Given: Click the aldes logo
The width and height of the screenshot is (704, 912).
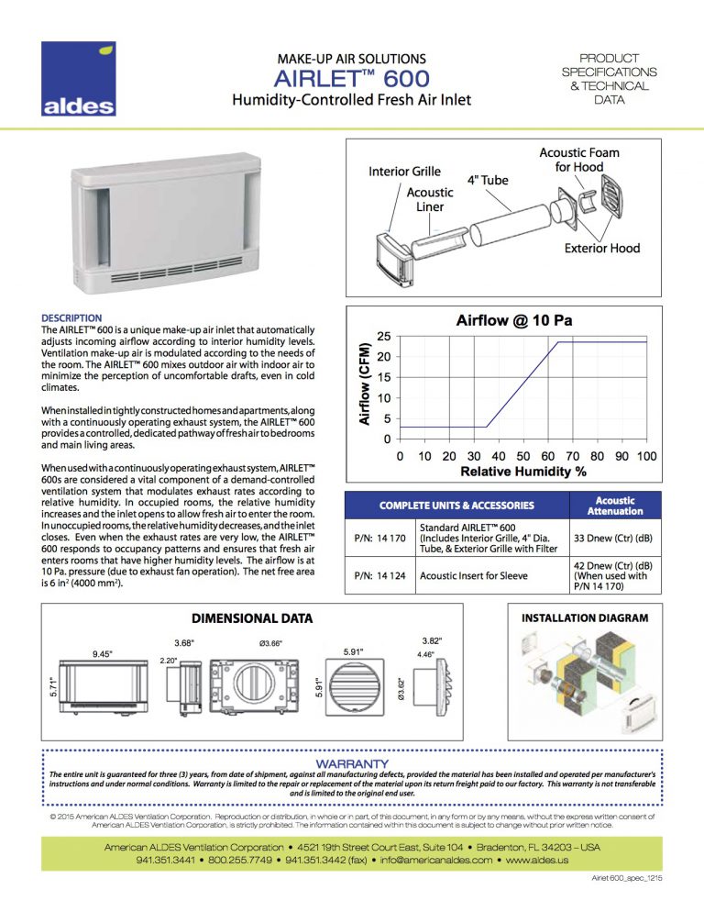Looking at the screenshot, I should click(79, 80).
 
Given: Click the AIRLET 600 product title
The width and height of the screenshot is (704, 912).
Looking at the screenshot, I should click(351, 79).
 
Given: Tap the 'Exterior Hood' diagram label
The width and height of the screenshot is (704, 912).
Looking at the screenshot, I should click(602, 249).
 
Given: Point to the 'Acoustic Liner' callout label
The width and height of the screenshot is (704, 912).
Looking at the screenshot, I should click(429, 199).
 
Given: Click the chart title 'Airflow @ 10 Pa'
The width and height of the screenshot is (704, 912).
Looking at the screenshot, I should click(514, 321).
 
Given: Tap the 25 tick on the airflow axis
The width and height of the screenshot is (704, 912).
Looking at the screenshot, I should click(384, 336).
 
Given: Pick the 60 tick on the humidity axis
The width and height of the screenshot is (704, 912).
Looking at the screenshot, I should click(547, 456).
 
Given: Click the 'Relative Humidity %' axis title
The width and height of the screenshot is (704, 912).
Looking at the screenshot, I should click(522, 473).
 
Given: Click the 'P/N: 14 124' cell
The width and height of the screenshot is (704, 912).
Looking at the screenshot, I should click(379, 575).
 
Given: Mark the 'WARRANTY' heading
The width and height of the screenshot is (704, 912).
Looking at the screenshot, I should click(352, 763).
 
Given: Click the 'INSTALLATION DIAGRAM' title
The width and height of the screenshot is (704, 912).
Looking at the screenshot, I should click(585, 619).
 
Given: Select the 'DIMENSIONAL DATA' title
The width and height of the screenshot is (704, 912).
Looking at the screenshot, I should click(252, 618).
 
